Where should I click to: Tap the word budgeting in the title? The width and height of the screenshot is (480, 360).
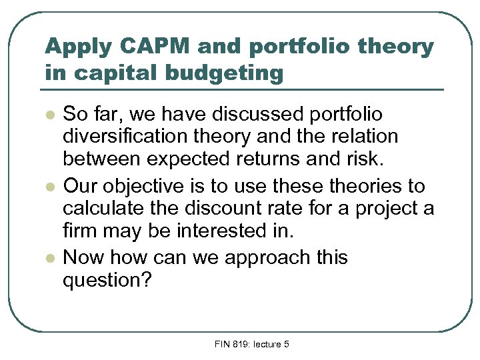point(231,72)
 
